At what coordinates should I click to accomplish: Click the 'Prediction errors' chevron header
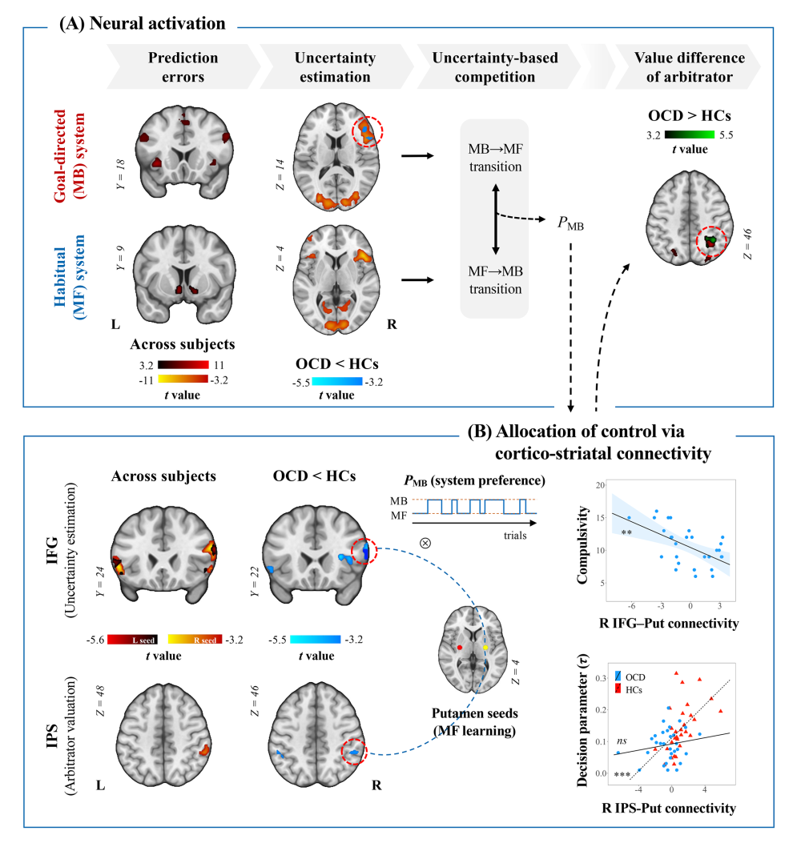(x=183, y=66)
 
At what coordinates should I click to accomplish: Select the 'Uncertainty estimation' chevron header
(x=335, y=66)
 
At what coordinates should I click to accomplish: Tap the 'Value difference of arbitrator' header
(x=689, y=66)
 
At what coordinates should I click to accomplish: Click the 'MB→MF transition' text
(x=495, y=158)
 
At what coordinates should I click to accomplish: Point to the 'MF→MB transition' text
(x=495, y=280)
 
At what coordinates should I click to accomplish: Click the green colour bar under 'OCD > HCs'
(x=689, y=134)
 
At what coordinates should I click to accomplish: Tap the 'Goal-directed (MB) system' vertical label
(x=70, y=156)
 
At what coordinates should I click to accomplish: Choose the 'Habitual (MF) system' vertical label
(x=70, y=278)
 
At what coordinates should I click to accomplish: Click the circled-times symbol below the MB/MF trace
(x=425, y=543)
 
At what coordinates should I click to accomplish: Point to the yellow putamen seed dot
(x=485, y=648)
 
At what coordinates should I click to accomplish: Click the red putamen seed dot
(x=460, y=648)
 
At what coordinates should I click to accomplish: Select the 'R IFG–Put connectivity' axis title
(x=669, y=623)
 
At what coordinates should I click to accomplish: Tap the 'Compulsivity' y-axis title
(x=582, y=544)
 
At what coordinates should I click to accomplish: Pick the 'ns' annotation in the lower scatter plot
(x=622, y=741)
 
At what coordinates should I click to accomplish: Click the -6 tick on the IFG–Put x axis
(x=631, y=606)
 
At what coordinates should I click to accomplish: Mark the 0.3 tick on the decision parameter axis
(x=601, y=679)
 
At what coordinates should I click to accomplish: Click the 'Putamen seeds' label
(x=475, y=713)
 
